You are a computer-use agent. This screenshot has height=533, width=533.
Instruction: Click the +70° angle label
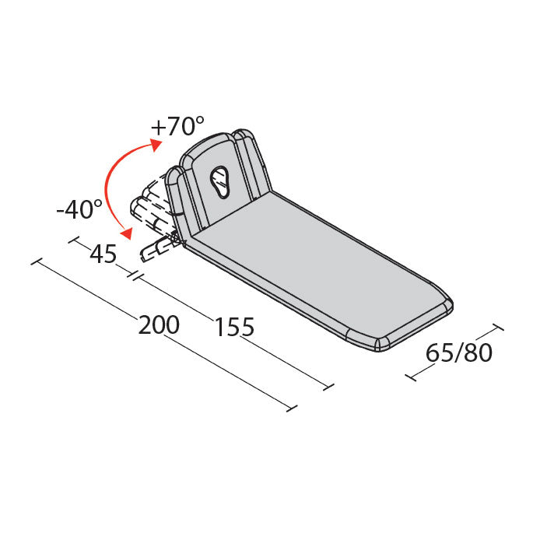pyautogui.click(x=177, y=125)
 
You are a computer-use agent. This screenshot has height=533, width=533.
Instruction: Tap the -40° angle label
pyautogui.click(x=79, y=209)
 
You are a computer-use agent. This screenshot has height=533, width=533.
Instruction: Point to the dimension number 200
pyautogui.click(x=159, y=325)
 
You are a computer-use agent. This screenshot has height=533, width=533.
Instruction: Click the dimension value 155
pyautogui.click(x=234, y=328)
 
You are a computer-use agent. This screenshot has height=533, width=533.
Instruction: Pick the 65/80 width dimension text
pyautogui.click(x=459, y=352)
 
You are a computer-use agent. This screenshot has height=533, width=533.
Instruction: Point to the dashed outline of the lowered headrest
pyautogui.click(x=153, y=198)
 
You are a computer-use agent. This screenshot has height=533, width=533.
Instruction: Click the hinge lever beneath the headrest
pyautogui.click(x=160, y=247)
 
